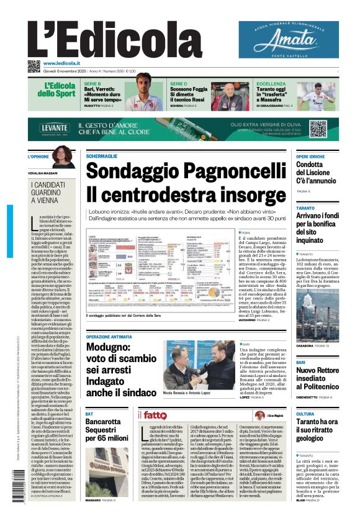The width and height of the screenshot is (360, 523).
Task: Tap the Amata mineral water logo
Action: tap(288, 40)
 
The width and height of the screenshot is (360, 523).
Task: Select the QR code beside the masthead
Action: tap(34, 66)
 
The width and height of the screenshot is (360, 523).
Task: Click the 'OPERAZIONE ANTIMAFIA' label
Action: tap(109, 335)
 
